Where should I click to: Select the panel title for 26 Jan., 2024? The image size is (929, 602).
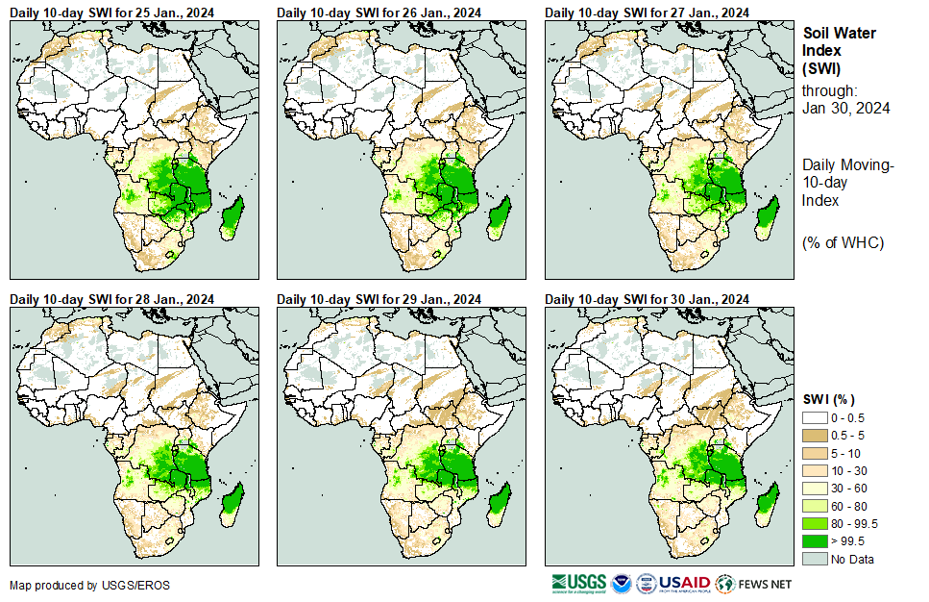click(379, 13)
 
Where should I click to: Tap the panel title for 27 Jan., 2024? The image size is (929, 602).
click(647, 13)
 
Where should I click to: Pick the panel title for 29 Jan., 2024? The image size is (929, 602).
click(379, 300)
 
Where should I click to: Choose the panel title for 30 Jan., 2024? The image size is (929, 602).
click(647, 300)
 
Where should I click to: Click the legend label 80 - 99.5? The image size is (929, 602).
click(855, 524)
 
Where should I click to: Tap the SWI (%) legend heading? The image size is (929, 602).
click(829, 400)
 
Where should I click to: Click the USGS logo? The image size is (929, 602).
click(578, 583)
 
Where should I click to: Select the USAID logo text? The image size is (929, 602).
click(684, 583)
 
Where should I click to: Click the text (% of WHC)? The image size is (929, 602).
click(843, 242)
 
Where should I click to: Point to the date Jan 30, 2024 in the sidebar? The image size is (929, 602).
click(845, 108)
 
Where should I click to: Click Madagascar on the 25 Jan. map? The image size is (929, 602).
click(231, 216)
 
